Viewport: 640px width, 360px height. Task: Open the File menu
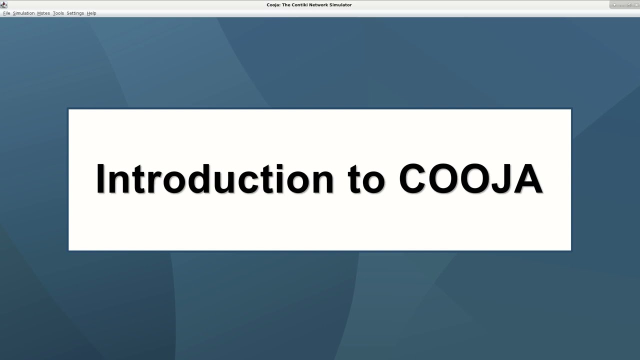click(x=6, y=13)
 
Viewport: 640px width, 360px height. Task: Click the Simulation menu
click(x=23, y=13)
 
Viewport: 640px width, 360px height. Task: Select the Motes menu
click(x=43, y=13)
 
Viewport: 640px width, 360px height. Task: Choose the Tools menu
click(x=58, y=13)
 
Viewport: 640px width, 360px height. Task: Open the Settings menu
click(x=75, y=13)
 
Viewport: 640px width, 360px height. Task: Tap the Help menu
click(x=91, y=13)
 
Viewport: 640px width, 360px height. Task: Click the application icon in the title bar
click(x=4, y=4)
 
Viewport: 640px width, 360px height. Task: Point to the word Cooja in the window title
click(x=273, y=5)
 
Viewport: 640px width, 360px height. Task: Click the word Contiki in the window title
click(x=301, y=5)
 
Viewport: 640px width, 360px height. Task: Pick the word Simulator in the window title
click(x=342, y=5)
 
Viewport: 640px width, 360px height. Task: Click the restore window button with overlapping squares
click(x=629, y=5)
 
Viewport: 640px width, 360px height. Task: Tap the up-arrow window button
click(x=614, y=5)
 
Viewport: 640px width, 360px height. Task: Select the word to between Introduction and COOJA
click(x=366, y=180)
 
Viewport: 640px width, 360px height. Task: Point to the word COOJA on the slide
click(x=470, y=179)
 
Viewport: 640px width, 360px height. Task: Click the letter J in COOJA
click(x=504, y=179)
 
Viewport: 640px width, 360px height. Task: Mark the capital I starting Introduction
click(x=100, y=179)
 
